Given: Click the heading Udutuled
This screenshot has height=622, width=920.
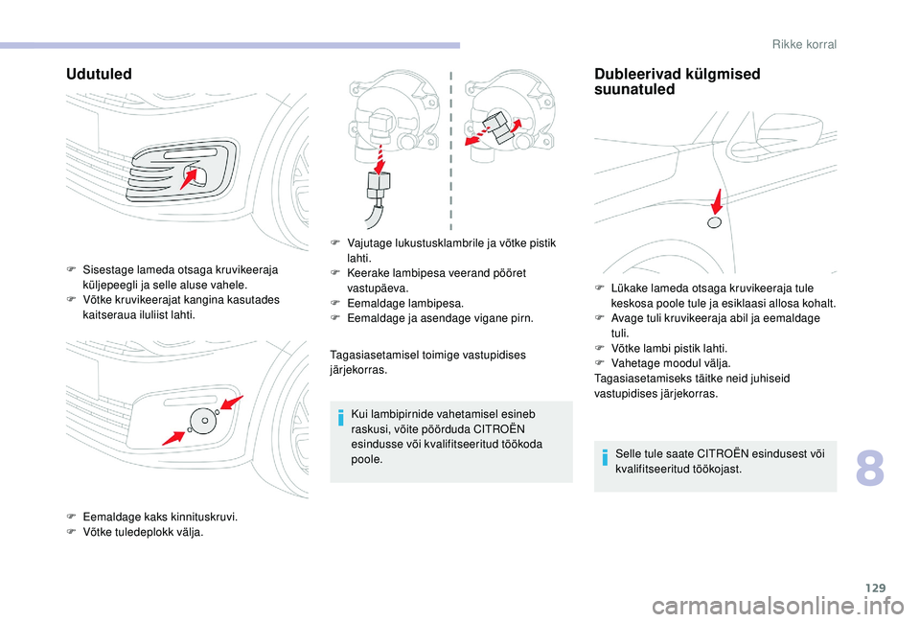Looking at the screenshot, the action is tap(99, 74).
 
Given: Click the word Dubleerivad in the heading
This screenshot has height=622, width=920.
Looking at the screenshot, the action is tap(639, 74).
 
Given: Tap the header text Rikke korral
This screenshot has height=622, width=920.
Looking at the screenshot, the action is tap(804, 44).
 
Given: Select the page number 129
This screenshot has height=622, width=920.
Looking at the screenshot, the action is tap(874, 587).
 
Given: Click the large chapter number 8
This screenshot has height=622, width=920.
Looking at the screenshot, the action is tap(869, 469).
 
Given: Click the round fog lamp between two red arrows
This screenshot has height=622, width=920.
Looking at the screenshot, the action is tap(203, 421).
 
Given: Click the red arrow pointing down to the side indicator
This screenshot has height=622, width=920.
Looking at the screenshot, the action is tap(717, 202).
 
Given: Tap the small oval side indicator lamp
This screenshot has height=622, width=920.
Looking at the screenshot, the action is tap(714, 222).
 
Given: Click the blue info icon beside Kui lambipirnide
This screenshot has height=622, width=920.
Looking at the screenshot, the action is tap(340, 418).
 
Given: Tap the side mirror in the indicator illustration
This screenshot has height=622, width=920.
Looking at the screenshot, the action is tap(789, 132).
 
